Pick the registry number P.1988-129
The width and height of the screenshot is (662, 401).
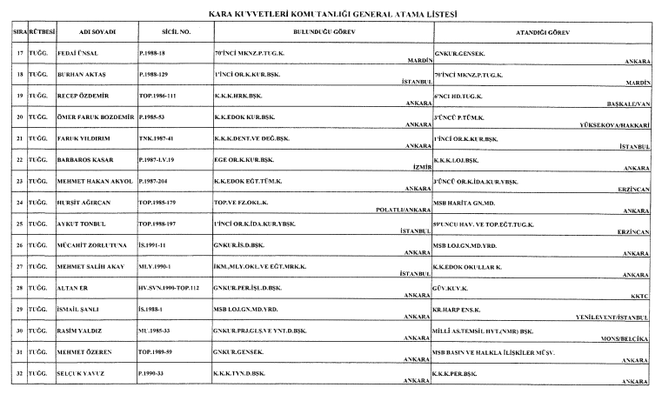pos(159,77)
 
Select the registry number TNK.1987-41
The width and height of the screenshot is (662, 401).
pos(160,137)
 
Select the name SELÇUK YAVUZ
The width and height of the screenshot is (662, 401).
pos(91,373)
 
